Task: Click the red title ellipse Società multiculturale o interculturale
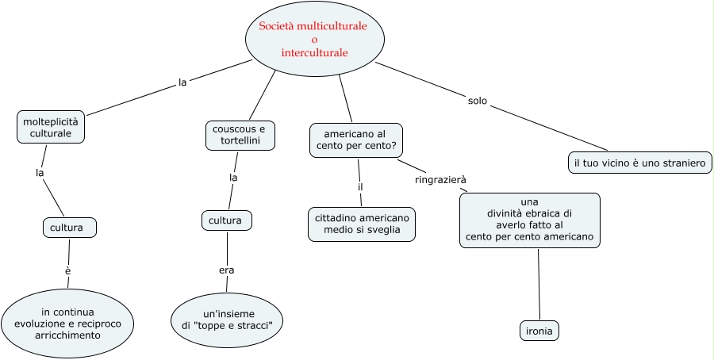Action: [314, 40]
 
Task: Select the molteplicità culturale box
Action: [51, 128]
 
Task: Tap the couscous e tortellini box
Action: [240, 135]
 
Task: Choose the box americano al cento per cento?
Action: [356, 140]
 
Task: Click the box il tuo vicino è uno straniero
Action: [639, 163]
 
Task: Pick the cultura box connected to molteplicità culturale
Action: [69, 228]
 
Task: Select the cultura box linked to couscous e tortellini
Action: [227, 220]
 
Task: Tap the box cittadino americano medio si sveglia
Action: [361, 224]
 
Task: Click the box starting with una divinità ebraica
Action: [529, 220]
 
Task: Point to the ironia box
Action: [539, 330]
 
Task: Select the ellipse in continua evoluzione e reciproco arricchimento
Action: [67, 322]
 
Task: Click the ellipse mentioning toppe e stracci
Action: [227, 320]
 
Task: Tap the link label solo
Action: [478, 101]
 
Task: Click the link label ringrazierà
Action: [440, 180]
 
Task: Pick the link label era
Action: [227, 270]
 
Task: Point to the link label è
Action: [68, 271]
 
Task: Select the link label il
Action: [360, 187]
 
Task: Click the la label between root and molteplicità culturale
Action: [182, 82]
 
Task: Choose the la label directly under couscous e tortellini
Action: [233, 178]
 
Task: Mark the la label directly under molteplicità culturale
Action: [39, 172]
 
